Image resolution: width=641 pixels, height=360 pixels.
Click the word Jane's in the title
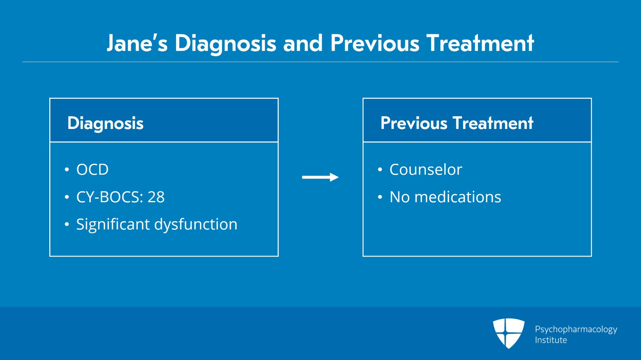(x=137, y=43)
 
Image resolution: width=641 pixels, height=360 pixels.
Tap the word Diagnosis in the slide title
(x=226, y=44)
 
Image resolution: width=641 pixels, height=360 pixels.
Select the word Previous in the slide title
(x=375, y=43)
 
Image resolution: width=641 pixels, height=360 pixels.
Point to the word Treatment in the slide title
(x=480, y=43)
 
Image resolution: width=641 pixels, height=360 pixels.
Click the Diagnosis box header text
(x=105, y=123)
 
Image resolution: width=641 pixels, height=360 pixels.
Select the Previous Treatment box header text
(x=457, y=123)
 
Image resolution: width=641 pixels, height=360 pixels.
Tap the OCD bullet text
(x=93, y=169)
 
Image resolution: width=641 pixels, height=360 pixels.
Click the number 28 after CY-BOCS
(x=156, y=197)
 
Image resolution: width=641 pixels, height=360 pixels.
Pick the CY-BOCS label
(x=110, y=197)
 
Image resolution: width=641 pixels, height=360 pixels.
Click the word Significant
(x=113, y=225)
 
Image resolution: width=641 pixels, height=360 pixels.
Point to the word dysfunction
(x=196, y=225)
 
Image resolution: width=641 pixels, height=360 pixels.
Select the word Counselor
(x=426, y=169)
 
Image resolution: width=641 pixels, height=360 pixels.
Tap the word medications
(x=458, y=197)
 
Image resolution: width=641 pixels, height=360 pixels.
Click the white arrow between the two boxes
(x=320, y=177)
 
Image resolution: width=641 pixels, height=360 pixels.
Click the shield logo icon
(x=508, y=333)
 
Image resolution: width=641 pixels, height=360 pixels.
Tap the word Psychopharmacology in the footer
(x=576, y=330)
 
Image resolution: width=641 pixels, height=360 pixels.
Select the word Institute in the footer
(x=551, y=340)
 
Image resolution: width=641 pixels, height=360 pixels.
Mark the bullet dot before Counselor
(x=380, y=169)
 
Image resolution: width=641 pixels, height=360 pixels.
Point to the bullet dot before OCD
(x=67, y=169)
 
